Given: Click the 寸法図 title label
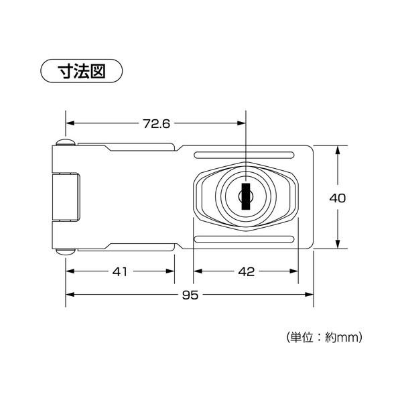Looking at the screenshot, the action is [82, 71].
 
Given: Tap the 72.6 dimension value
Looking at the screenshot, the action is [157, 124].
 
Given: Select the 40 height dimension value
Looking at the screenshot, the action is [338, 198].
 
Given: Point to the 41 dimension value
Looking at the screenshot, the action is [120, 271].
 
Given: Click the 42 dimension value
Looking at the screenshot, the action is [247, 271].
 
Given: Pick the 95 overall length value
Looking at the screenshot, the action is [190, 295].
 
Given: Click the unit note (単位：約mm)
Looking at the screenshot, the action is [324, 337].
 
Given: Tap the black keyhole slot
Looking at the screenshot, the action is [246, 196].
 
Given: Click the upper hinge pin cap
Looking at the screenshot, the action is [66, 142].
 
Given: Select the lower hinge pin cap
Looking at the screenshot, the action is [66, 252].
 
